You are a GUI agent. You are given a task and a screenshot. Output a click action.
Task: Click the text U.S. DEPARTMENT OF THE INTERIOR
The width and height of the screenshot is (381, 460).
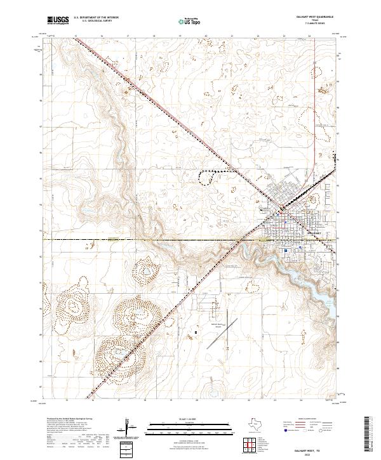(x=96, y=18)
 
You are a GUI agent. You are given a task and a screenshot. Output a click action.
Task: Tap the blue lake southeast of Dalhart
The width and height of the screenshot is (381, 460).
(x=298, y=273)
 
